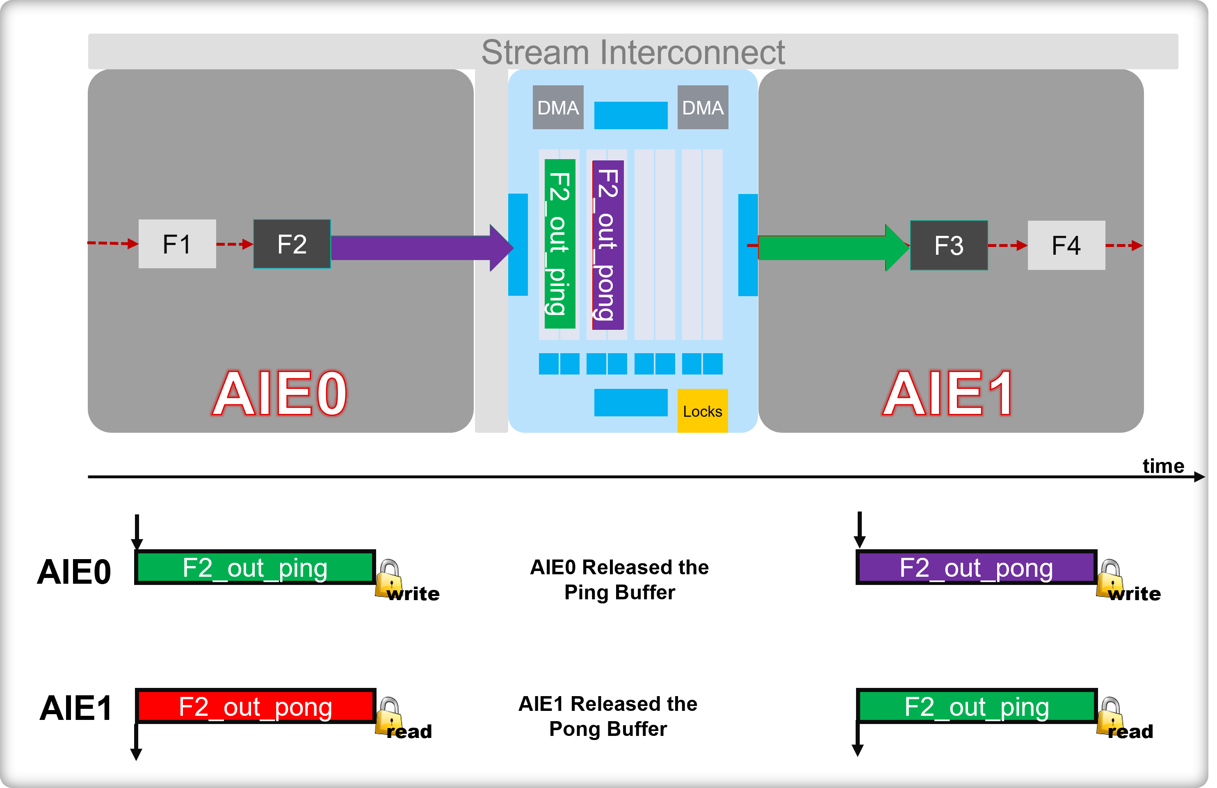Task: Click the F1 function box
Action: coord(177,244)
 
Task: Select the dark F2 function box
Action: coord(292,244)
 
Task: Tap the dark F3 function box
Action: coord(949,245)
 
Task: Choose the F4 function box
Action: coord(1066,245)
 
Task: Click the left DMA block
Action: coord(558,107)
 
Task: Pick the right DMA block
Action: coord(703,107)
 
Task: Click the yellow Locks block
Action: coord(703,411)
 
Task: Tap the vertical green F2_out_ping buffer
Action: coord(560,244)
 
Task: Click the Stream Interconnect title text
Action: coord(633,52)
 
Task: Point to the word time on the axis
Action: coord(1163,466)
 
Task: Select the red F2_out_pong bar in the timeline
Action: coord(256,706)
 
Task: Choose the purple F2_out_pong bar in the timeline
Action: coord(976,568)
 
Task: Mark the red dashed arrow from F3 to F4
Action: coord(1007,245)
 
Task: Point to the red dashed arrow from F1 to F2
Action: coord(235,244)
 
